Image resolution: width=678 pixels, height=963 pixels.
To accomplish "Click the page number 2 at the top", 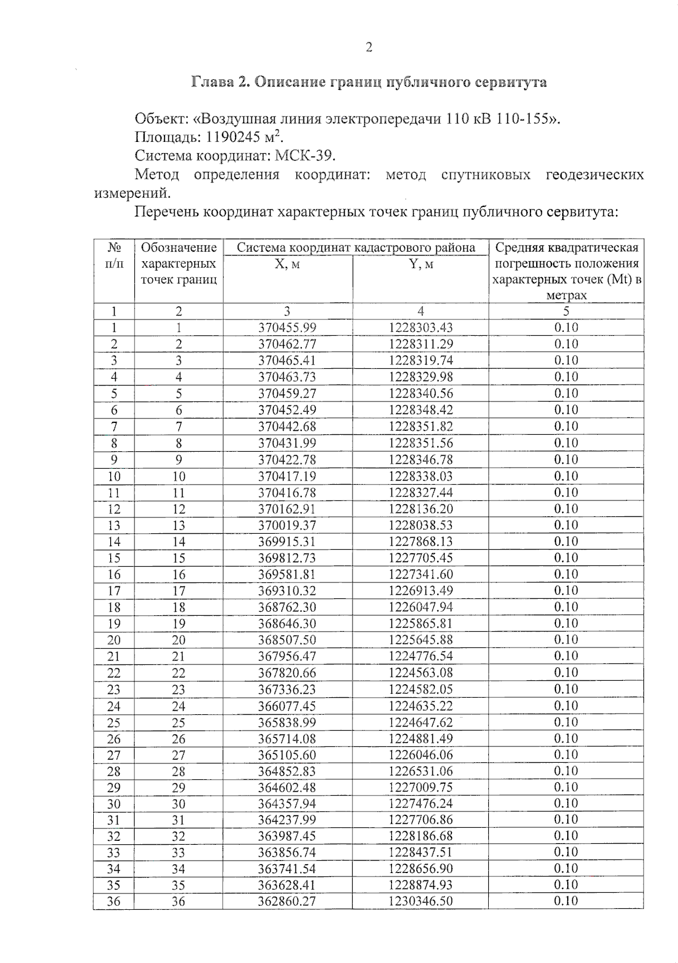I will pyautogui.click(x=369, y=47).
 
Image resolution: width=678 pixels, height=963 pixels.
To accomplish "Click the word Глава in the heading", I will pyautogui.click(x=212, y=83).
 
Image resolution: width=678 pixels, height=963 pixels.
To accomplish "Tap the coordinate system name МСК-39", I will pyautogui.click(x=304, y=156).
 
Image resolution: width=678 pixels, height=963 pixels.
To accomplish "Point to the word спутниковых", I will pyautogui.click(x=485, y=174).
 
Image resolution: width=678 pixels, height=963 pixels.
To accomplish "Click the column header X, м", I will pyautogui.click(x=288, y=264).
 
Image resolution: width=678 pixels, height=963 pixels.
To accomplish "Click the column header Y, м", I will pyautogui.click(x=420, y=264).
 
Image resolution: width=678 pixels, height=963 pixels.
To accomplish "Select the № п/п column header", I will pyautogui.click(x=114, y=256).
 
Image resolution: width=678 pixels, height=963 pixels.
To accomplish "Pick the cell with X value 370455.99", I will pyautogui.click(x=288, y=327).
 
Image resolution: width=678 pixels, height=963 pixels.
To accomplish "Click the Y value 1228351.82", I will pyautogui.click(x=420, y=426).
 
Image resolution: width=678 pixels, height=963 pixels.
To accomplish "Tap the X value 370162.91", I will pyautogui.click(x=288, y=509).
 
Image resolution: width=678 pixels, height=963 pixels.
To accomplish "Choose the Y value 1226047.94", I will pyautogui.click(x=420, y=607).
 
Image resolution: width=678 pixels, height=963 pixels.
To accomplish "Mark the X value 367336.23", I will pyautogui.click(x=288, y=689).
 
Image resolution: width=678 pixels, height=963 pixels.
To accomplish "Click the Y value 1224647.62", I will pyautogui.click(x=420, y=722).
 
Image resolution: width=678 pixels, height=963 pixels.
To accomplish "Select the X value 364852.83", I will pyautogui.click(x=288, y=771).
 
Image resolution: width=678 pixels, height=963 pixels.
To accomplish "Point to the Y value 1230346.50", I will pyautogui.click(x=420, y=901).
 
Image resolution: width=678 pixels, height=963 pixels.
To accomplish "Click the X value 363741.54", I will pyautogui.click(x=288, y=869).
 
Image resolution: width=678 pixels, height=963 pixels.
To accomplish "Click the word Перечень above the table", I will pyautogui.click(x=167, y=212).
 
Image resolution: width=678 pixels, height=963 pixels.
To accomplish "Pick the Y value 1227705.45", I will pyautogui.click(x=420, y=558).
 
